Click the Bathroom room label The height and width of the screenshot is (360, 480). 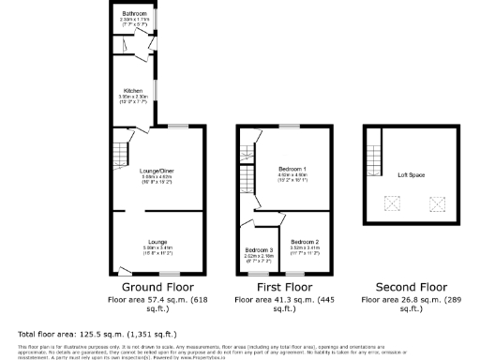point(134,13)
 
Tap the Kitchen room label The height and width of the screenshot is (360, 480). point(134,91)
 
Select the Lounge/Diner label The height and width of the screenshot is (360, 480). point(157,171)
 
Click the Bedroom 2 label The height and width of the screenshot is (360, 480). point(306,242)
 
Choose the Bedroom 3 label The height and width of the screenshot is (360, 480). point(259,249)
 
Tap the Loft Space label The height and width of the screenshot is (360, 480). point(410,175)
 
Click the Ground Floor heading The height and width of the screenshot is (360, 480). point(157,287)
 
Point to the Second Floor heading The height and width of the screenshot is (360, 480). point(410,287)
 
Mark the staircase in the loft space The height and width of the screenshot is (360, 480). point(374,155)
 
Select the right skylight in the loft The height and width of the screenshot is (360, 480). point(436,202)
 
